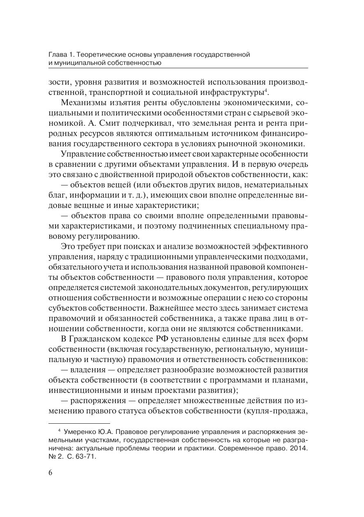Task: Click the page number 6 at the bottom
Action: pos(51,472)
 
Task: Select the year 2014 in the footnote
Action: pos(299,448)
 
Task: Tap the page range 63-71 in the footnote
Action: pos(85,456)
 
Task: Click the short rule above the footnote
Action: pos(79,423)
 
